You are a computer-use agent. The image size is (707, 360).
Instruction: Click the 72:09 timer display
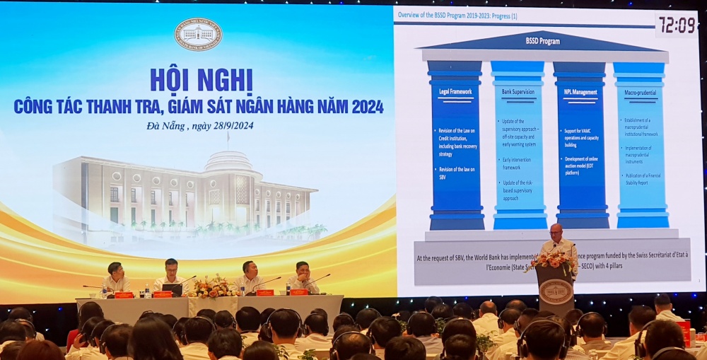(x=677, y=25)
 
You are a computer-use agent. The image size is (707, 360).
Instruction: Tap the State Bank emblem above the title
(x=198, y=34)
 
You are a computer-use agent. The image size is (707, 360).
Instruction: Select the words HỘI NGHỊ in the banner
(x=201, y=79)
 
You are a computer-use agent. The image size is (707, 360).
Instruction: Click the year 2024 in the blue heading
(x=363, y=106)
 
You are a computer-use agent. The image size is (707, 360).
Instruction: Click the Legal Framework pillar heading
(x=455, y=91)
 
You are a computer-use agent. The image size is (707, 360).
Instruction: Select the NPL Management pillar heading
(x=580, y=92)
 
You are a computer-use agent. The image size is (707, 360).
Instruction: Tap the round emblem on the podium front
(x=555, y=291)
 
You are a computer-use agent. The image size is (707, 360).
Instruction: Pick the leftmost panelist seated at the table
(x=117, y=277)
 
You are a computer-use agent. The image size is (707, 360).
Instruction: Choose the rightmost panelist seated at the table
(x=303, y=276)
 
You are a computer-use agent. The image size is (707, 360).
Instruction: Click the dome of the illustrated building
(x=228, y=161)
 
